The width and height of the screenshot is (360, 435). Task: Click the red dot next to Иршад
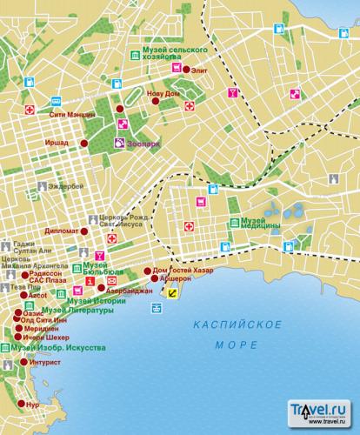83,143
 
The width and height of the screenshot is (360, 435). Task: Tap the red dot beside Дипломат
85,232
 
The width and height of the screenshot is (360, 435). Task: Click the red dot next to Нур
22,405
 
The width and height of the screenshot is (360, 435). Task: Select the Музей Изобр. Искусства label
65,348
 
